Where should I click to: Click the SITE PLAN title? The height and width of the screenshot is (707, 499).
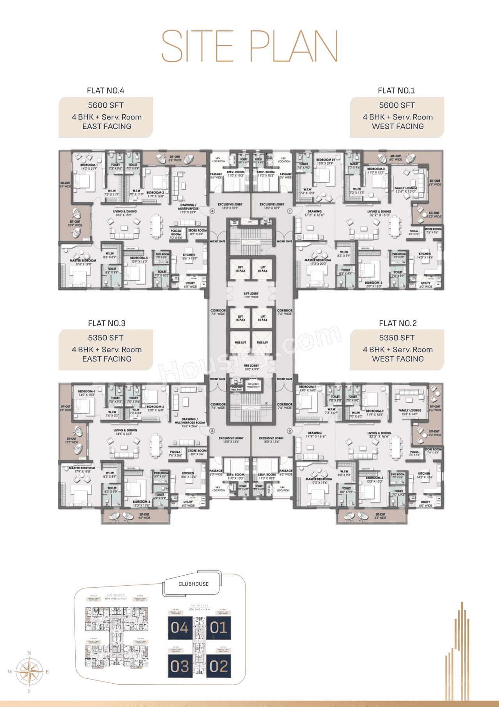point(249,46)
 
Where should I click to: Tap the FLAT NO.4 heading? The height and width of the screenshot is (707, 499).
point(105,90)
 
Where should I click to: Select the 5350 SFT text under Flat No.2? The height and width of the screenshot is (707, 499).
point(396,338)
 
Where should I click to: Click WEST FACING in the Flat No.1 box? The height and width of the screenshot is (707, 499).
point(398,126)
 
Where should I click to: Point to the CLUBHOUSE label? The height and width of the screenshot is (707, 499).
point(193,584)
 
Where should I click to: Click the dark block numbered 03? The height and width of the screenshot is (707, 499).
point(179,666)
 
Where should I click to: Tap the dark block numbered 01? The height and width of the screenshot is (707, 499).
point(218,627)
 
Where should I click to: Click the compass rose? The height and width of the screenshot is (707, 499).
point(29,672)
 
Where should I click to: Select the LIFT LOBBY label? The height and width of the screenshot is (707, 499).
point(251,295)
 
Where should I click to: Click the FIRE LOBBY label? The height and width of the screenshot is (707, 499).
point(251,367)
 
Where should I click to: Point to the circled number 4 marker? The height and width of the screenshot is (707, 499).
point(212,211)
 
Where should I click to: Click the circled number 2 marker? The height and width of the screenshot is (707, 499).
point(290,431)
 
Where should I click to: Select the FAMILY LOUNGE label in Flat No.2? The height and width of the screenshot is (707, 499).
point(410,412)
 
